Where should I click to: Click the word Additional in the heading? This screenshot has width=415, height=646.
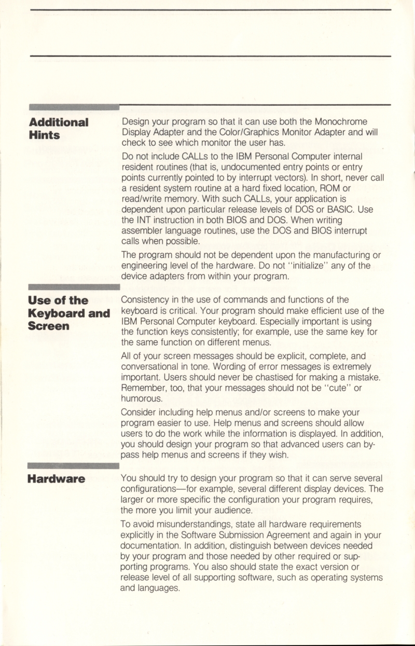coord(59,122)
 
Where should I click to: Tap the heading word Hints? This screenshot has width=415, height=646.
coord(44,135)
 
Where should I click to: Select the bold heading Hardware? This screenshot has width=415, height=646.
coord(57,478)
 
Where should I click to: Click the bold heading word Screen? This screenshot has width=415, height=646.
coord(49,326)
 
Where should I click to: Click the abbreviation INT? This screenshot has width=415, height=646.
coord(144,221)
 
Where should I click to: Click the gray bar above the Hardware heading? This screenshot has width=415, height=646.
coord(74,465)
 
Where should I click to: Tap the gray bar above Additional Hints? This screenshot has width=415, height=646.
coord(74,107)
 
